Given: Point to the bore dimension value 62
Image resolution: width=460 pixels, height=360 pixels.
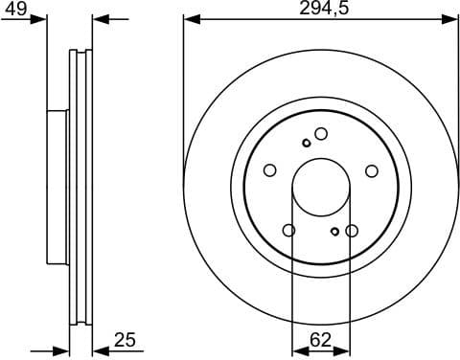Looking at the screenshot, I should pos(321,337).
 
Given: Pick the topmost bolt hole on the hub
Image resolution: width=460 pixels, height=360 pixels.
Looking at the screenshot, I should pos(321,134).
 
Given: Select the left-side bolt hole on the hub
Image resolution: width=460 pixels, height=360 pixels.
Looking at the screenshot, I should pos(270,170).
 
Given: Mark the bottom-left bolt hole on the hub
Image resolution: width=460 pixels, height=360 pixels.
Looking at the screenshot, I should pos(289,230).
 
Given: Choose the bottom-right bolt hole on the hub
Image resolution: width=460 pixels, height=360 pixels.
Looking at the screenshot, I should pos(352,230).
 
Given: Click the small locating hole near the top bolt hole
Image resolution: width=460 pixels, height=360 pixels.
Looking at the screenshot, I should pos(306,143).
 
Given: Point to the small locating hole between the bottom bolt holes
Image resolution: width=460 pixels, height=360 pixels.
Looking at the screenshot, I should pos(333,231).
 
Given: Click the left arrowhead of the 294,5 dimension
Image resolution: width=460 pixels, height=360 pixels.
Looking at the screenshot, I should pos(190,18).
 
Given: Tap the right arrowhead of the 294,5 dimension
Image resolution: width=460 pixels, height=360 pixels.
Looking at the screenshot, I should pos(451,18).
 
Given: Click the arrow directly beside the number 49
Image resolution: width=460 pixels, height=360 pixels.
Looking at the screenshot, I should pos(39,18).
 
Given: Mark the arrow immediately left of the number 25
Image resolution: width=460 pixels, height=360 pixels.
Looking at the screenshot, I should pos(101,349).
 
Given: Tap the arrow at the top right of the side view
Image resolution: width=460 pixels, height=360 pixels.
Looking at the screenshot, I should pos(101,18).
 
